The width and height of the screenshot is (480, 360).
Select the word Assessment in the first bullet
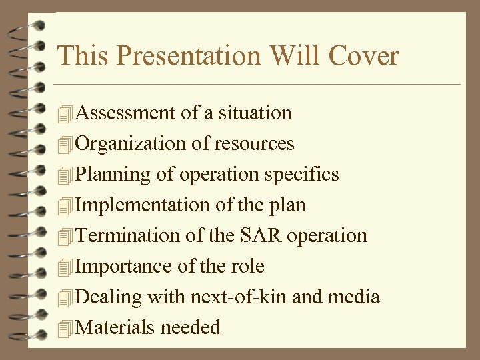(126, 113)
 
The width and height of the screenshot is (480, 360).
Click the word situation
(254, 113)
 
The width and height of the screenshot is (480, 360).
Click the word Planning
(113, 175)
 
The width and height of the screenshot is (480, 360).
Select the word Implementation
(143, 205)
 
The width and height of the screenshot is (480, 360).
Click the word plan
(286, 205)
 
